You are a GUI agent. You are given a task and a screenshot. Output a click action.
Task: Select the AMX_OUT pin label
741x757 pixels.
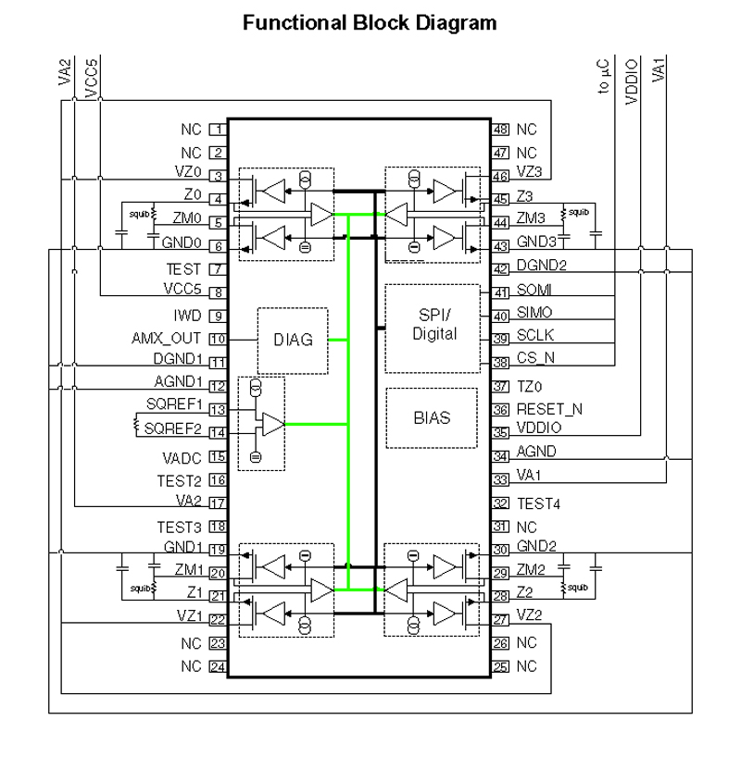[x=176, y=340]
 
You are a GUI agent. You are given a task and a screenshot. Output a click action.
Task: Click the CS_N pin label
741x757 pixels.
[x=534, y=357]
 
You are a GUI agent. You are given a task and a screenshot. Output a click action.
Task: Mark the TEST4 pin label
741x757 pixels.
[x=539, y=503]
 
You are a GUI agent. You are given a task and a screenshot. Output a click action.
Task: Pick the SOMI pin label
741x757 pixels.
[x=534, y=292]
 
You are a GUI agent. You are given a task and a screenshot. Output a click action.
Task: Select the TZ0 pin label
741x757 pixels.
[x=528, y=386]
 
